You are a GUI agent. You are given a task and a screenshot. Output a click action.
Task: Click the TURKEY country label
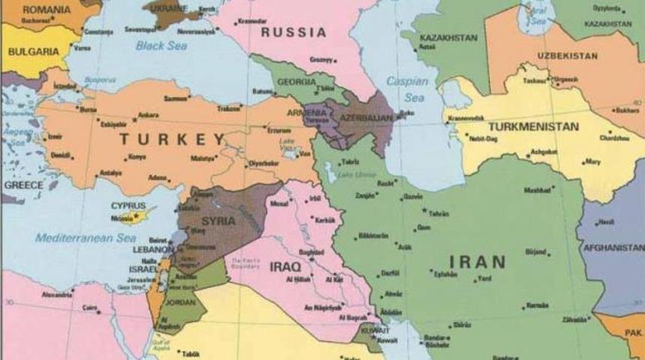[x=171, y=139]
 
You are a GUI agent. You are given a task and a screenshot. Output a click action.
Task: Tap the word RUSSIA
[x=293, y=33]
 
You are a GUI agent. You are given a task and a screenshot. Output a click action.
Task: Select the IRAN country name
[x=477, y=262]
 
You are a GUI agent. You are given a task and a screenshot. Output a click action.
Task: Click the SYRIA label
[x=218, y=221]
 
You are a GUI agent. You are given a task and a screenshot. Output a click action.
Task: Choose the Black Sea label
[x=160, y=46]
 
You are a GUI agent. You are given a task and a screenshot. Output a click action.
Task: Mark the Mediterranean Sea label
[x=84, y=238]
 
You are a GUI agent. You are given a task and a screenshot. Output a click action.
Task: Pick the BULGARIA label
[x=33, y=52]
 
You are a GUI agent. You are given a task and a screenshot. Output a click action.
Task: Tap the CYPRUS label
[x=128, y=205]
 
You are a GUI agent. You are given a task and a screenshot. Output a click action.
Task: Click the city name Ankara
[x=148, y=115]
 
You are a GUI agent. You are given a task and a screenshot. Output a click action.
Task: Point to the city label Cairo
[x=90, y=307]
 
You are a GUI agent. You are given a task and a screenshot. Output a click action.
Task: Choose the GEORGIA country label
[x=297, y=82]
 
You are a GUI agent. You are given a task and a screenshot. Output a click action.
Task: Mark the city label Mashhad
[x=537, y=190]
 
